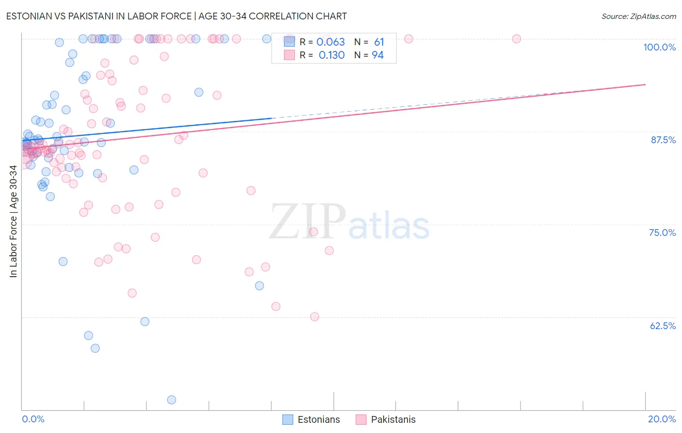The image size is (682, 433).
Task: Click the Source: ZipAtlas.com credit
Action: tap(638, 17)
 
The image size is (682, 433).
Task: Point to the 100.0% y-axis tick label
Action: tap(659, 47)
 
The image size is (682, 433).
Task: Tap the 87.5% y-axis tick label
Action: tap(663, 140)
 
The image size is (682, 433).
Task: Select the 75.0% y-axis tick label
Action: tap(662, 233)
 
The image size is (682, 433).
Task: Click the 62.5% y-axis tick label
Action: tap(663, 326)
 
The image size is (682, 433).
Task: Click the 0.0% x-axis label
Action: tap(33, 419)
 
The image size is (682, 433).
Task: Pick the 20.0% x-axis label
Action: tap(662, 419)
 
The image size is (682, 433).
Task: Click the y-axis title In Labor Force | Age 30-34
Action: tap(13, 221)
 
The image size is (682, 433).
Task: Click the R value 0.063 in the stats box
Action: tap(330, 42)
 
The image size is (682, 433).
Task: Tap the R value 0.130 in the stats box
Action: tap(331, 55)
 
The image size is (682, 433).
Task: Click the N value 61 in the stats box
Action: tap(379, 42)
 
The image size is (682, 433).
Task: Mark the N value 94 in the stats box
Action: tap(377, 55)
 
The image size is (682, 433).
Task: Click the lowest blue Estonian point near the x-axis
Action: tap(171, 400)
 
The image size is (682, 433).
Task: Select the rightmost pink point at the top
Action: tap(517, 39)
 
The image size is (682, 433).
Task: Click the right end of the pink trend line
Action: tap(645, 84)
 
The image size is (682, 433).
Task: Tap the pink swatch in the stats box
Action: tap(289, 55)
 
